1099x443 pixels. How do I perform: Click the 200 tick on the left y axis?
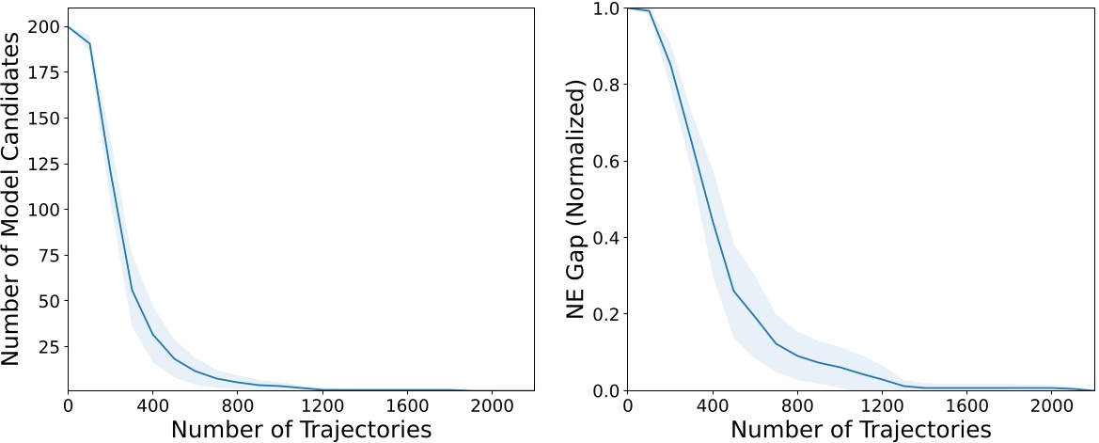(x=44, y=27)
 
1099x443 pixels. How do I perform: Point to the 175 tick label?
(x=44, y=73)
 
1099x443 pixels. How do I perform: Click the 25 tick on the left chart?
(x=49, y=347)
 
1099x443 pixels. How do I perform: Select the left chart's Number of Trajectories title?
(x=301, y=430)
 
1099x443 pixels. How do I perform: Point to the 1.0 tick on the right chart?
(x=607, y=8)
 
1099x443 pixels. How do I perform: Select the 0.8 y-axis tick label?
(x=607, y=85)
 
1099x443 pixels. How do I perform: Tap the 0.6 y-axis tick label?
(x=607, y=161)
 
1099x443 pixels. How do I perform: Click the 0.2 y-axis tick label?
(x=607, y=314)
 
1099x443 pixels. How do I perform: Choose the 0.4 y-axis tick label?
(x=607, y=238)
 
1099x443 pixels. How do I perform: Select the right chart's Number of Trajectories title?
(x=861, y=430)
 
